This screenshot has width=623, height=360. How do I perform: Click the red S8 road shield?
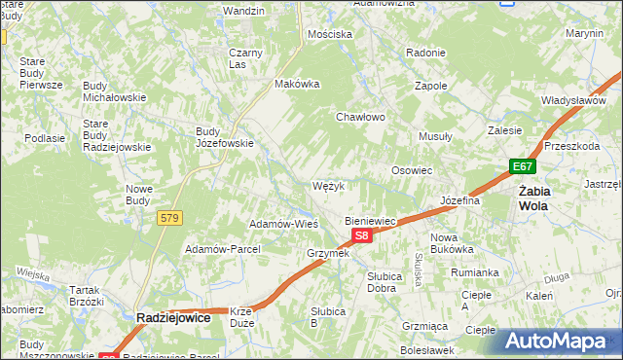361,235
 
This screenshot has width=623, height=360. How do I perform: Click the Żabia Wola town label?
532,198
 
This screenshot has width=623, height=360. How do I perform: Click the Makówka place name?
298,84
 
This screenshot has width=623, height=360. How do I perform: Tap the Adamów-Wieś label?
284,223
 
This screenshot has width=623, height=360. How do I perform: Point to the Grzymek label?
327,253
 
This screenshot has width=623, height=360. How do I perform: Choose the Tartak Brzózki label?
86,296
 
